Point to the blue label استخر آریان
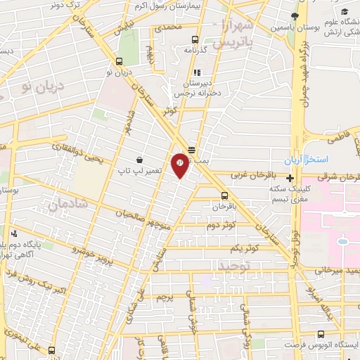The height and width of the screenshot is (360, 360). pos(309,159)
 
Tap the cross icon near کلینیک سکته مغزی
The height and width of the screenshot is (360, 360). pos(290,178)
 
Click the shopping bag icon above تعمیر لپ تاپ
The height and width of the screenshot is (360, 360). pos(140,160)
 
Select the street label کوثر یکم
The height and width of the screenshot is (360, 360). pos(243,249)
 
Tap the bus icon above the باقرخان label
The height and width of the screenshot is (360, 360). pos(224,196)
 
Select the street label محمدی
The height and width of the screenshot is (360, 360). pos(168,28)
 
